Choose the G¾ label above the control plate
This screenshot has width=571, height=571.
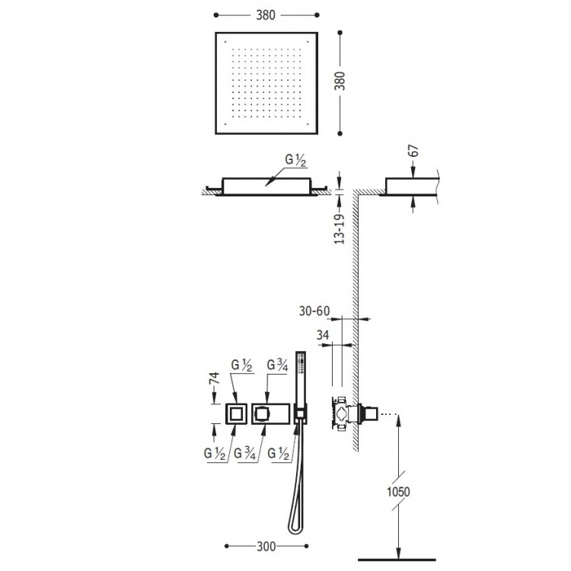coord(277,365)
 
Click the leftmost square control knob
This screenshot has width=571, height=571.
coord(236,413)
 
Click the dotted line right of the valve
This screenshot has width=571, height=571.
coord(388,413)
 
